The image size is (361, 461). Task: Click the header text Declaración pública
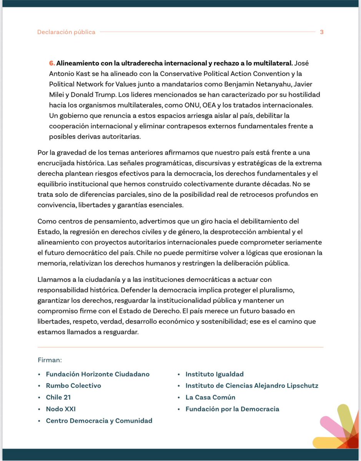coord(66,32)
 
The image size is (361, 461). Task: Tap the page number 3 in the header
coord(321,32)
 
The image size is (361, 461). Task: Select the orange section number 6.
coord(52,63)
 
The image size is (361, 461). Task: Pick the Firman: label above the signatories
coord(50,360)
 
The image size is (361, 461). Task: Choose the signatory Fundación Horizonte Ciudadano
coord(98,374)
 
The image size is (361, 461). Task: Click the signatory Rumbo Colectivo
coord(73,385)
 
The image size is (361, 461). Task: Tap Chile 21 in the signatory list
coord(58,397)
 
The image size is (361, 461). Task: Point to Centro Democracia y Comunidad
coord(99,421)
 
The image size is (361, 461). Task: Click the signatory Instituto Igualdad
coord(215,374)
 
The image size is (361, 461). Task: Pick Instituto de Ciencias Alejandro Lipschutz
coord(252,385)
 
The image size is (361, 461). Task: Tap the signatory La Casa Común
coord(210,397)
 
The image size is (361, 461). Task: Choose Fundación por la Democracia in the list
coord(232,409)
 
